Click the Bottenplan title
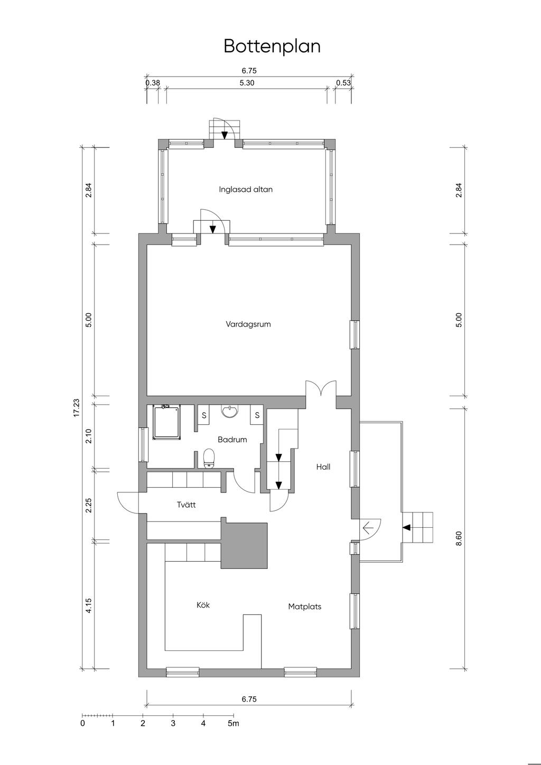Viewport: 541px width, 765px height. [x=272, y=46]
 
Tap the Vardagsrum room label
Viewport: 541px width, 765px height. [x=248, y=324]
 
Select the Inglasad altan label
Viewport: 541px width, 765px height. [x=246, y=189]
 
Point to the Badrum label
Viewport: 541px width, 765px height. [x=232, y=440]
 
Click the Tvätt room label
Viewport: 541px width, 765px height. [x=186, y=505]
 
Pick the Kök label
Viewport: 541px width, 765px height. [x=203, y=605]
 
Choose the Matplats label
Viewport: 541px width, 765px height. [x=305, y=607]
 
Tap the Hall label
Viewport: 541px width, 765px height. [x=323, y=467]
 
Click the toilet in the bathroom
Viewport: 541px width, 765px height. [x=208, y=459]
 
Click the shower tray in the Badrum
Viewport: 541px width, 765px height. [x=166, y=422]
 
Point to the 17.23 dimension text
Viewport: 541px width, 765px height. [x=77, y=407]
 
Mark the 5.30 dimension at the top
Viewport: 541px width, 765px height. [x=247, y=83]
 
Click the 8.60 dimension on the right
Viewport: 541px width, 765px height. [x=459, y=538]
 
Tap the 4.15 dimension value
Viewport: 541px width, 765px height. [x=89, y=605]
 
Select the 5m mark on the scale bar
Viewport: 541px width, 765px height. [x=234, y=723]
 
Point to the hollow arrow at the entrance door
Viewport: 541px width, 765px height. [x=368, y=528]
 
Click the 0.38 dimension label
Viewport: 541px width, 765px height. [x=153, y=83]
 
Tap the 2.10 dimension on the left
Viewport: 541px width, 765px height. [x=89, y=436]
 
